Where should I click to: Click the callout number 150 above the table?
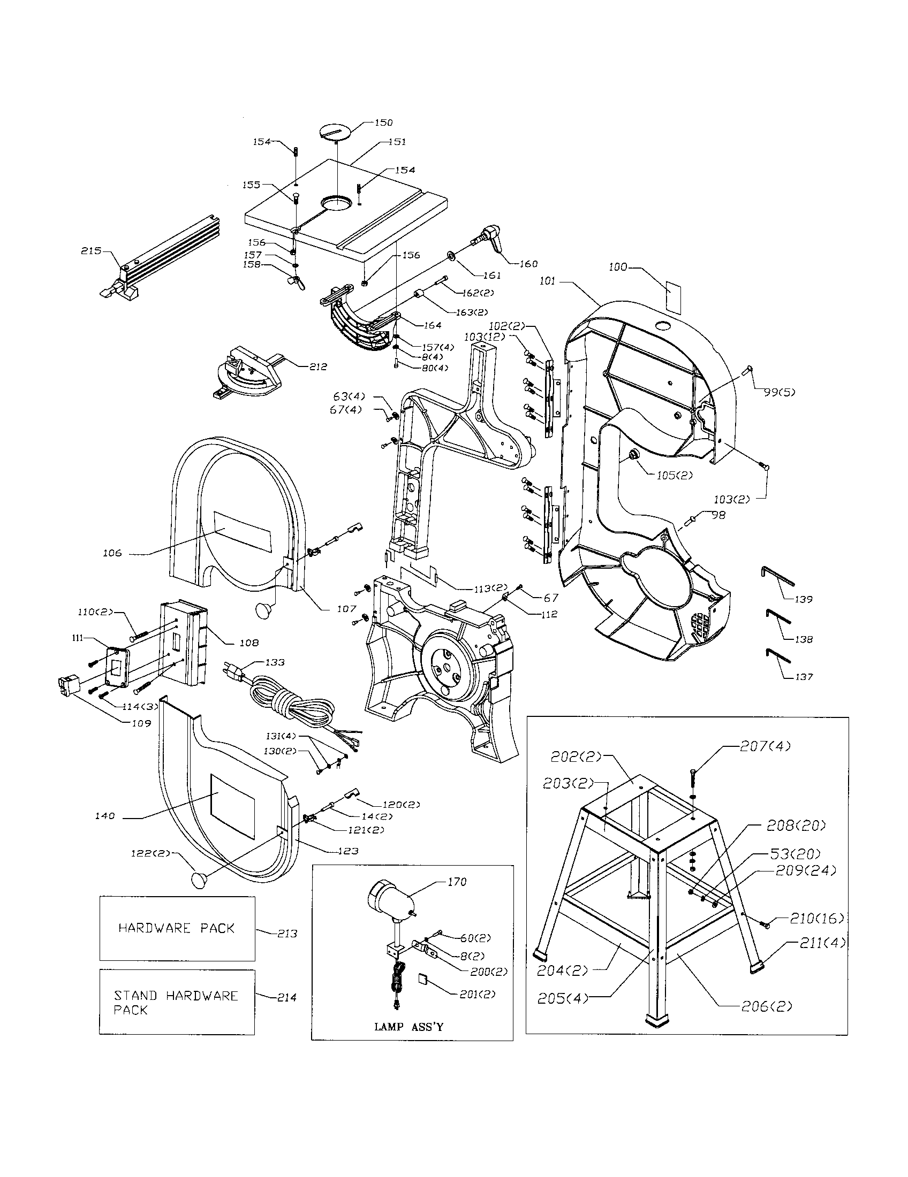tap(383, 123)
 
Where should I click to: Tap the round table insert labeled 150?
tap(335, 132)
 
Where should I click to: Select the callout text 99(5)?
tap(779, 392)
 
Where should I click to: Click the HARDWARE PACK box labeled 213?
tap(177, 928)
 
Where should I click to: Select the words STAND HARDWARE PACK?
tap(176, 1002)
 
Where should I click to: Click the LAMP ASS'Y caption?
tap(408, 1027)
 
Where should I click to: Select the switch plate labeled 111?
tap(117, 667)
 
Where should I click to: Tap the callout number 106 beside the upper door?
tap(112, 553)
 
